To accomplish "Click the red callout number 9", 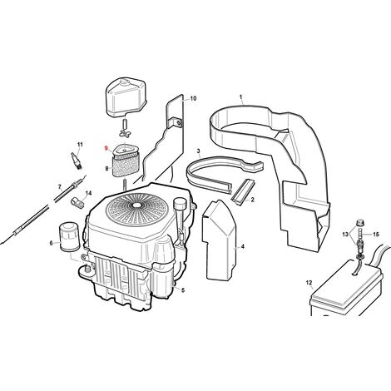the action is (106, 148).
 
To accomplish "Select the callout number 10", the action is (193, 98).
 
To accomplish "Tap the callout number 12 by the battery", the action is (309, 283).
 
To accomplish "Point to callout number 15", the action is (375, 235).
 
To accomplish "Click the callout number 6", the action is (51, 243).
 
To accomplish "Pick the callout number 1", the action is (240, 97).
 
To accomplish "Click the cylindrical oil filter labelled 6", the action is (69, 237).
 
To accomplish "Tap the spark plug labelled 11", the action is (77, 160).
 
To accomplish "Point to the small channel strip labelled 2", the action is (243, 191).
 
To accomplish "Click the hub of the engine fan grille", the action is (137, 205).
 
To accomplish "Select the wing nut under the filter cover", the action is (125, 134).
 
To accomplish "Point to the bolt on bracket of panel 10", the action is (180, 122).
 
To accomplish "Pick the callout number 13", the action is (345, 235).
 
